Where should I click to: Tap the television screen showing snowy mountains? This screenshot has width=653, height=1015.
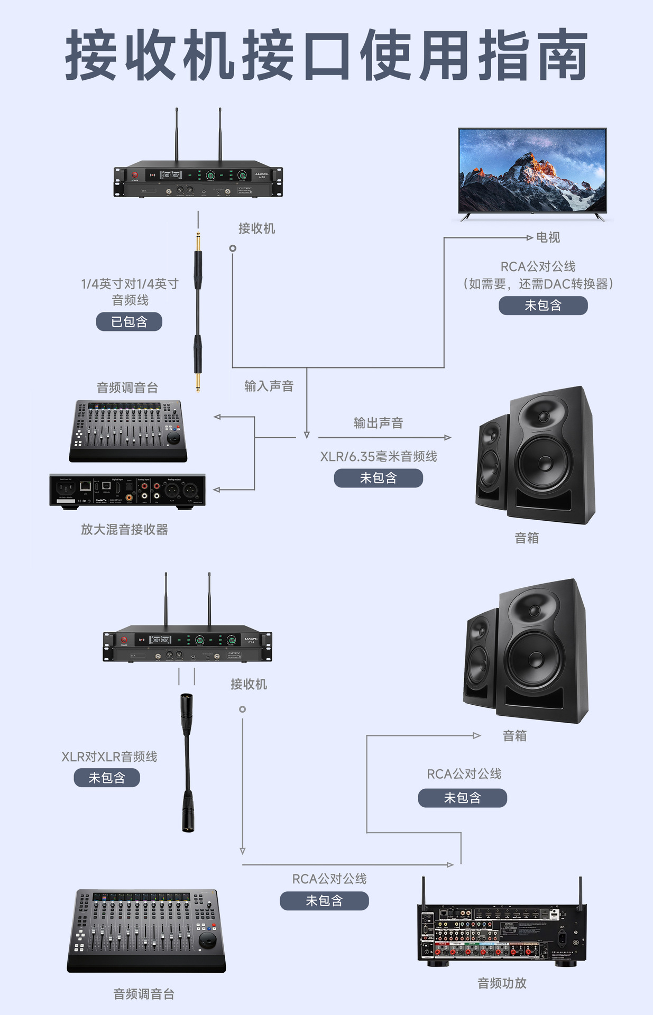point(532,171)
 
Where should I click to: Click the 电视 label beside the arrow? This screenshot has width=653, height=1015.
point(548,237)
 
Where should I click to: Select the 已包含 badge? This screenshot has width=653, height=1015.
point(129,321)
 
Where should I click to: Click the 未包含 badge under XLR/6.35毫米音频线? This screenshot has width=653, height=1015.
point(378,478)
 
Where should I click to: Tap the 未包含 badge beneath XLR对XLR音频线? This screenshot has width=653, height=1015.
point(107,778)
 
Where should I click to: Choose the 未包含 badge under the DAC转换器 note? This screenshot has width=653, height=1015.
point(543,306)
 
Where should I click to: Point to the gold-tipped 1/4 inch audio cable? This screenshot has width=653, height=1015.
point(198,312)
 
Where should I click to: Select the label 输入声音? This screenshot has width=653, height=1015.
point(269,386)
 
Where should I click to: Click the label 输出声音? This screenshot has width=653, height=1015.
point(378,423)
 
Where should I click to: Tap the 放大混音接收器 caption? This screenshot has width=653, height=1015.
point(124,529)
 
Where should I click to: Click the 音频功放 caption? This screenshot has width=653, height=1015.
point(502,983)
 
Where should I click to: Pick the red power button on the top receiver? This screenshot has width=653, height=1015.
point(134,176)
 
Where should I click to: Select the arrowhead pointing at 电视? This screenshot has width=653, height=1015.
point(529,238)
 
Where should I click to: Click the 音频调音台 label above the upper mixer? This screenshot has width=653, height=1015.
point(127,387)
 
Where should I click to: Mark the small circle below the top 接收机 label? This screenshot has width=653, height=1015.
point(233,248)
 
